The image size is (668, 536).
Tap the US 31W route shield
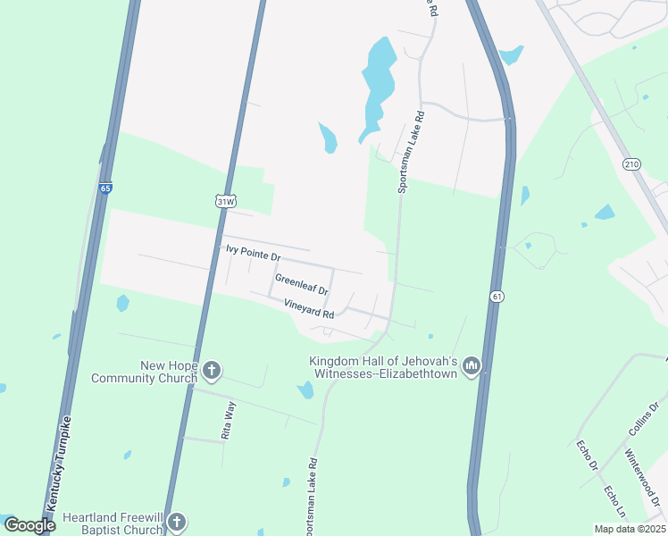coord(225,201)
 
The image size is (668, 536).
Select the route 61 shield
coord(496,296)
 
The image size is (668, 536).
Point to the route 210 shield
coord(632,164)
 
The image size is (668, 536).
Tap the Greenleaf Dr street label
coord(302,285)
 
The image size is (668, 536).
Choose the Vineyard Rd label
coord(309,308)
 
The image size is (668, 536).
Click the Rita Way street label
coord(230,420)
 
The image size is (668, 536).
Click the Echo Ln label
coord(616,505)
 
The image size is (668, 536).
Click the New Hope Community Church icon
coord(212,370)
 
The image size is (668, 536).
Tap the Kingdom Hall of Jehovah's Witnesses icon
coord(472,366)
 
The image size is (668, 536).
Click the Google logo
coord(29,525)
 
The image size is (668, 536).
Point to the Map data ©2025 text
coord(630,529)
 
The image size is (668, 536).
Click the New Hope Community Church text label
coord(144,372)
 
